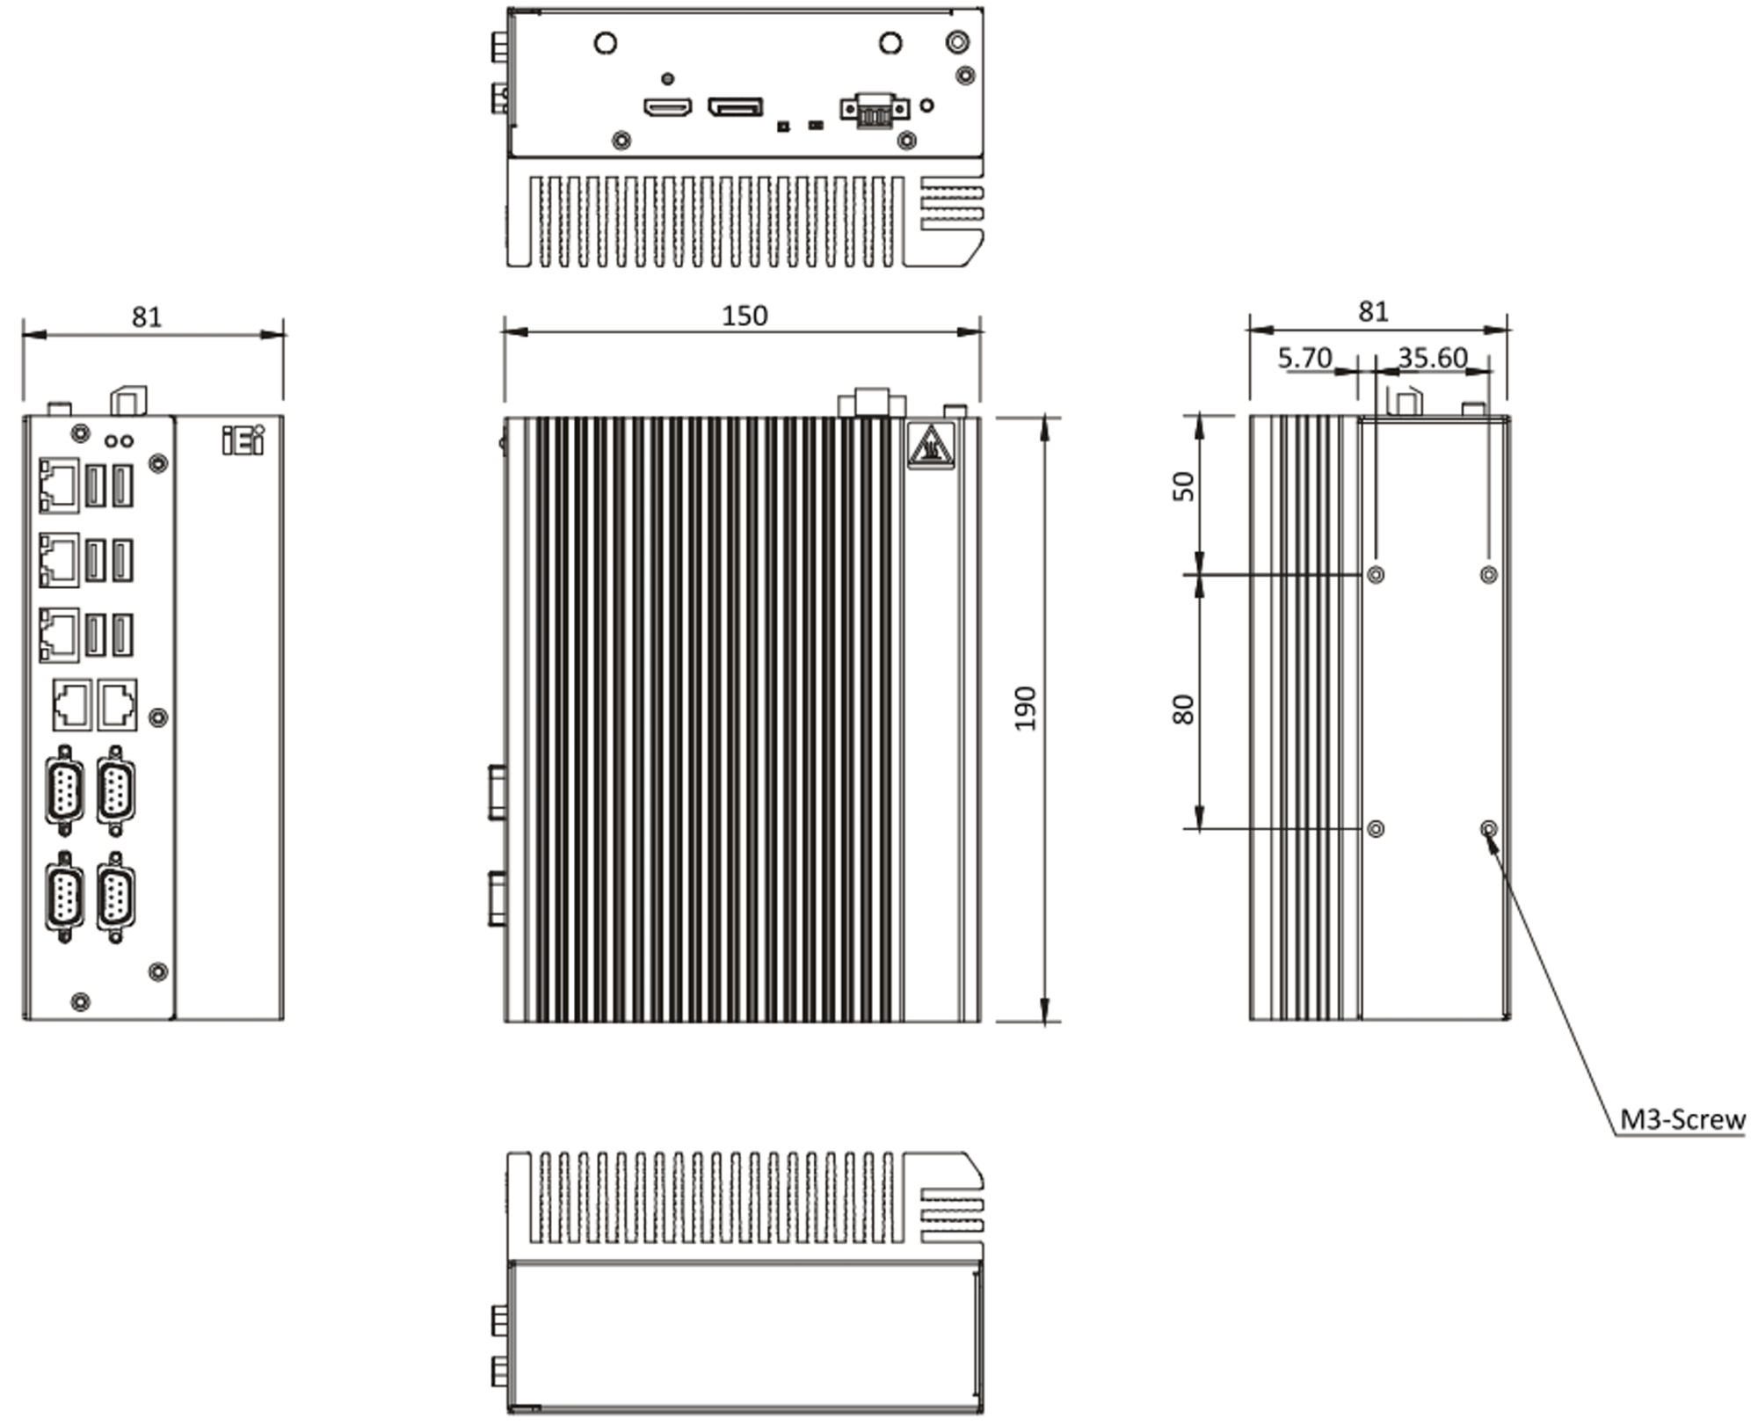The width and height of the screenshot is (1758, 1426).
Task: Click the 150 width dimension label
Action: click(x=745, y=316)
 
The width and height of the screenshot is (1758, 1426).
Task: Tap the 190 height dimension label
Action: click(x=1026, y=709)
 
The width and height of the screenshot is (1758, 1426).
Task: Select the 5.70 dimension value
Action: click(x=1304, y=358)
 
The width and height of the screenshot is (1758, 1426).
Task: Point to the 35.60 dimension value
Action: click(x=1433, y=358)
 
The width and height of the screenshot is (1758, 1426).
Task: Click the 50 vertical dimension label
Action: click(x=1185, y=486)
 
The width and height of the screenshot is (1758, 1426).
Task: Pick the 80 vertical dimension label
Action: click(x=1184, y=709)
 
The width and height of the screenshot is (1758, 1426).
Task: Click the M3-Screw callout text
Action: click(x=1682, y=1119)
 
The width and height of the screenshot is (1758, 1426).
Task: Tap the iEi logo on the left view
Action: click(x=243, y=440)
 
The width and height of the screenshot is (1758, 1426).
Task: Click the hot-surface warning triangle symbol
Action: click(x=931, y=447)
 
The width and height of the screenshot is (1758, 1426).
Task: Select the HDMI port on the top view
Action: click(x=667, y=107)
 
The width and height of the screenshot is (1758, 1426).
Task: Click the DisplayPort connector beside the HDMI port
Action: click(x=736, y=107)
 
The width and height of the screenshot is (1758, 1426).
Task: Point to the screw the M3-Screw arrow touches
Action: click(x=1488, y=828)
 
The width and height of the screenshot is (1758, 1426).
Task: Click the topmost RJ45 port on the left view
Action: click(x=59, y=485)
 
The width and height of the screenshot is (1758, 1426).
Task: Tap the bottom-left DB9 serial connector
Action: click(x=64, y=898)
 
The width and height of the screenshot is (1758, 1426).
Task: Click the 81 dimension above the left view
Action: click(x=147, y=316)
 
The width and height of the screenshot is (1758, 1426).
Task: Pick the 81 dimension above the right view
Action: click(x=1373, y=311)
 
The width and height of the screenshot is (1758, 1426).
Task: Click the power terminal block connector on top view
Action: click(x=874, y=110)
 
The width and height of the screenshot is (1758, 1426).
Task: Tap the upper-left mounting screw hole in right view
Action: click(x=1376, y=575)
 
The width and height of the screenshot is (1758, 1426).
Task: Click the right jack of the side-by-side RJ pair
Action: click(x=117, y=704)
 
